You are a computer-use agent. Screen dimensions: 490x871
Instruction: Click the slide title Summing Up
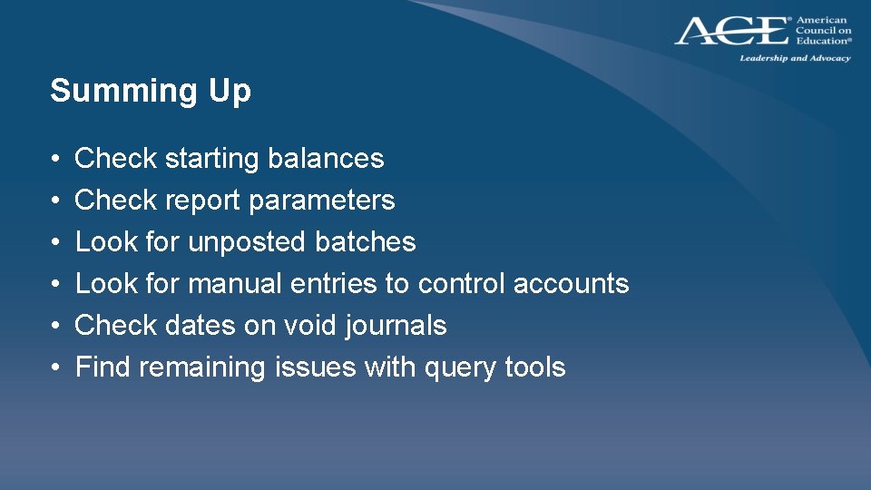pyautogui.click(x=151, y=91)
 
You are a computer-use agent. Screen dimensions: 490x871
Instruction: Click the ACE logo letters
pyautogui.click(x=731, y=31)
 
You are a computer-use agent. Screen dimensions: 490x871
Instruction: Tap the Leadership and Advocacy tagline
pyautogui.click(x=795, y=58)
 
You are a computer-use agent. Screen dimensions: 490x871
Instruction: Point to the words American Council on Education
pyautogui.click(x=823, y=30)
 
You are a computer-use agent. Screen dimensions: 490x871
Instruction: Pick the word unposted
pyautogui.click(x=247, y=242)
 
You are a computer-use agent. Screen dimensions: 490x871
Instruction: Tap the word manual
pyautogui.click(x=235, y=284)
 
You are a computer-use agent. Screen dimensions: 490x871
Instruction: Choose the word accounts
pyautogui.click(x=571, y=284)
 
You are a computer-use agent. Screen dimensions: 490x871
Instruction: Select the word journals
pyautogui.click(x=396, y=326)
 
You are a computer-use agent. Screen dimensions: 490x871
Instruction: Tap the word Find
pyautogui.click(x=103, y=367)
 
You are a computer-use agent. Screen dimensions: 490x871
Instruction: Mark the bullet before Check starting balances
pyautogui.click(x=56, y=160)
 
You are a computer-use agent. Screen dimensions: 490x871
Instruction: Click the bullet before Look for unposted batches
pyautogui.click(x=56, y=243)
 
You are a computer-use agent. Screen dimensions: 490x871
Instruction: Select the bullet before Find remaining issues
pyautogui.click(x=56, y=368)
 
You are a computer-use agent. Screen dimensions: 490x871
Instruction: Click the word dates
pyautogui.click(x=199, y=326)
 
